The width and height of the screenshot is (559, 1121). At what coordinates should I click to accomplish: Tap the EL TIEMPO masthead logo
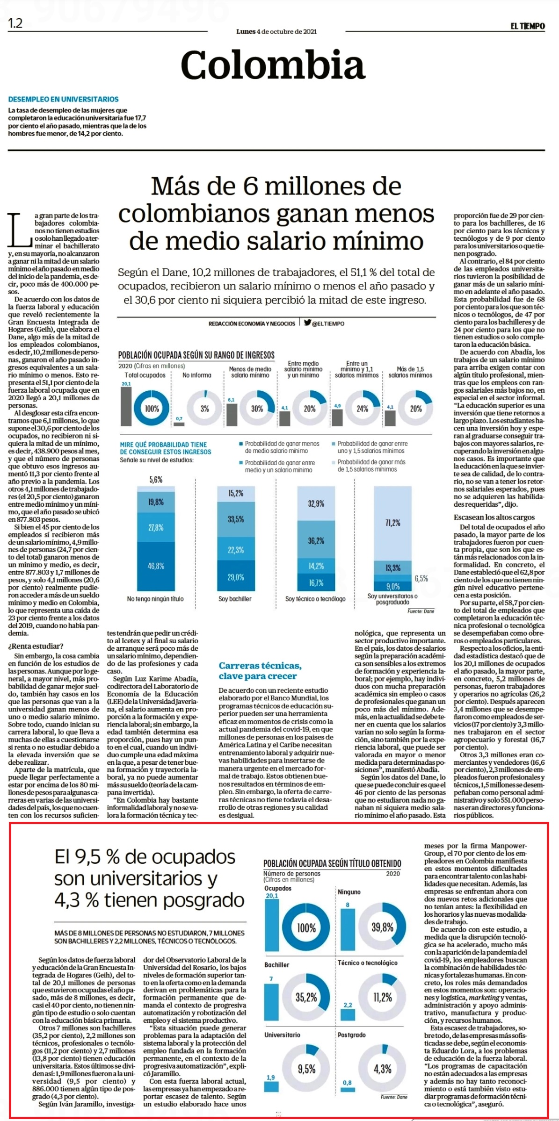(528, 27)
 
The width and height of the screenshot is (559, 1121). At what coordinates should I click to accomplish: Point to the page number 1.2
(15, 23)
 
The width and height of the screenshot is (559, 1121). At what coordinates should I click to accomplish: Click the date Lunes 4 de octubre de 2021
(276, 32)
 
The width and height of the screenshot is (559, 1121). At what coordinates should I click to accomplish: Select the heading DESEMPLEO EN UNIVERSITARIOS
(63, 99)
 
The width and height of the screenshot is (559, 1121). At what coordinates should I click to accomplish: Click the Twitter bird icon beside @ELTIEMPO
(307, 323)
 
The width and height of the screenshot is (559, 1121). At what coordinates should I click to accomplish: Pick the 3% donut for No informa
(204, 408)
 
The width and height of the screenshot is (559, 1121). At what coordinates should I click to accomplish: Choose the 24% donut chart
(363, 408)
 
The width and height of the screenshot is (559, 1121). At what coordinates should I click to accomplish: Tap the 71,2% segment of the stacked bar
(392, 523)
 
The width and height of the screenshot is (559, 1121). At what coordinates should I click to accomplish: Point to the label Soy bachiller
(235, 599)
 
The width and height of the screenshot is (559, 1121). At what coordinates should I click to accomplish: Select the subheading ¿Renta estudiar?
(35, 647)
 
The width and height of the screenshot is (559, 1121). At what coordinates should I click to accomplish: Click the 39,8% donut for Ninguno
(382, 927)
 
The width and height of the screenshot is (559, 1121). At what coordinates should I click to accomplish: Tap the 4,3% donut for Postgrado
(382, 1069)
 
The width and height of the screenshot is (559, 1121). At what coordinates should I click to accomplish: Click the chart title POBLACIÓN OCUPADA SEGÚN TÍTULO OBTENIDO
(332, 863)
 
